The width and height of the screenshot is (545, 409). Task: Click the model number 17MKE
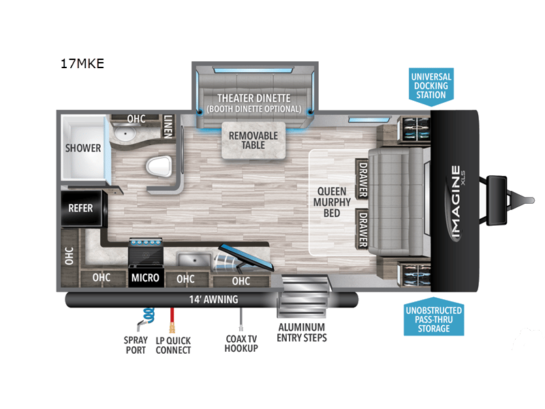pos(82,65)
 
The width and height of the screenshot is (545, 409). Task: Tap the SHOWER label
pos(83,148)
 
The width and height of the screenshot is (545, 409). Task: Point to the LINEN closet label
pos(168,127)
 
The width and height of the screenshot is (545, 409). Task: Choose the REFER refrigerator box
pos(80,208)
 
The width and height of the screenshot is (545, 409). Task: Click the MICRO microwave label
pos(146,277)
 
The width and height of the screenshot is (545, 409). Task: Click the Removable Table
pos(253,140)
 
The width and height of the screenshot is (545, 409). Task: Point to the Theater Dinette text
pos(254,98)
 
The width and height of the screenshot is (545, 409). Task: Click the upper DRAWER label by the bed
pos(362,179)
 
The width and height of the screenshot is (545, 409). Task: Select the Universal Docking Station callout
pos(431,85)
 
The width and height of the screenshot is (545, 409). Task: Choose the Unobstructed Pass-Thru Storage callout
pos(433,320)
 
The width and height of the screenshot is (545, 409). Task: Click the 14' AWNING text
pos(213,299)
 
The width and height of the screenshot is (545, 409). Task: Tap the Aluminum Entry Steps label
pos(302,333)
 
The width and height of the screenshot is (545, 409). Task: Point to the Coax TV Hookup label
pos(241,344)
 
